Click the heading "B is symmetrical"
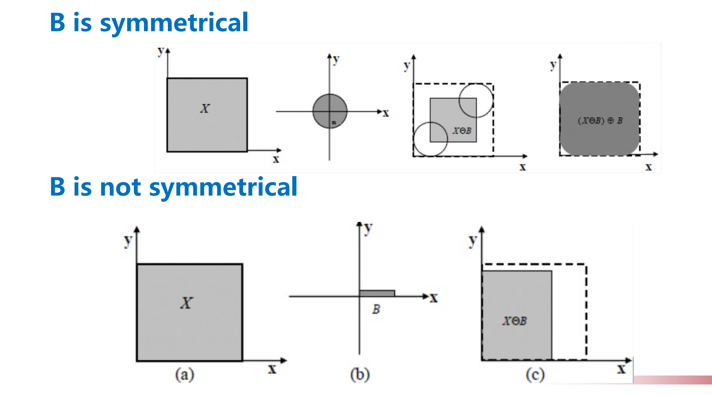pos(149,22)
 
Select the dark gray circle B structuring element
pos(330,111)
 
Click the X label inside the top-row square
pos(205,109)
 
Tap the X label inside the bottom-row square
pos(186,303)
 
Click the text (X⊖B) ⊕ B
pos(600,121)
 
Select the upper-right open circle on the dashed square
pos(476,100)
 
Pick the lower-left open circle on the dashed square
pos(431,139)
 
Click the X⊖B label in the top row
pos(462,131)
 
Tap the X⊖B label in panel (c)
pos(515,321)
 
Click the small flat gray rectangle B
pos(377,293)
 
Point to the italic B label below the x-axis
pos(376,309)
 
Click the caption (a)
pos(185,374)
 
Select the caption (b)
pos(360,374)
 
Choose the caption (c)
pos(535,374)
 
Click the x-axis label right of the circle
pos(386,113)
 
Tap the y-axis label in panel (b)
pos(368,228)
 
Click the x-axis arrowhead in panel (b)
pos(425,296)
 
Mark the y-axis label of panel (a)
pos(128,241)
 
